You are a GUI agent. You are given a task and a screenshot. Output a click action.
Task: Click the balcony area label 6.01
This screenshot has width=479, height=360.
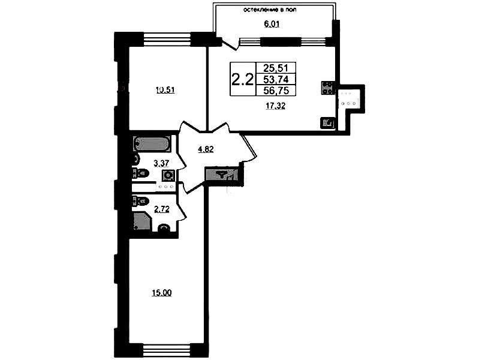coord(272,24)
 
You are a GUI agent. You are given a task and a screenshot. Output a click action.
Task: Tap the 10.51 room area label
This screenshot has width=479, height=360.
coord(165,90)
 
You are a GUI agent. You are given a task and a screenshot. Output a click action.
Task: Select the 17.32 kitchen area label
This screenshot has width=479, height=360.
coord(275,106)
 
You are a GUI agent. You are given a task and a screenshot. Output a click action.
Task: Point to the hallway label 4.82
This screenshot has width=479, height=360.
coord(206,149)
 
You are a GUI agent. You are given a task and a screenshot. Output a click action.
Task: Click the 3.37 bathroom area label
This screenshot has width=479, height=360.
coord(161,164)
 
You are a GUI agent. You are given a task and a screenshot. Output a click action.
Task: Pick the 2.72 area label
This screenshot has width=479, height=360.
coord(162,209)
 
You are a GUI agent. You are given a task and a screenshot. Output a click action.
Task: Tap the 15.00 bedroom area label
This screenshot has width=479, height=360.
coord(162,293)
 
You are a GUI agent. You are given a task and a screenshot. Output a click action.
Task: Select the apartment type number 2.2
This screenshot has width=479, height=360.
coord(243,80)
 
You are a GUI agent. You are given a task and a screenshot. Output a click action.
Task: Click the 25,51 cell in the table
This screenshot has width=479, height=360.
coord(276,68)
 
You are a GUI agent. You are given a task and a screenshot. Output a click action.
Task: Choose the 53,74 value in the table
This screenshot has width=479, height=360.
coord(276,79)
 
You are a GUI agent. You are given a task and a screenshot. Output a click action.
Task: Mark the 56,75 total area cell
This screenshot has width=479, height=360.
coord(276,90)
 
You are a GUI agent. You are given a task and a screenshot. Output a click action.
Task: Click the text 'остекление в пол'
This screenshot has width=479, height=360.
coord(270,10)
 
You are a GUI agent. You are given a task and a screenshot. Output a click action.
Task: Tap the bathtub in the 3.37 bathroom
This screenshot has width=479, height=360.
coord(151,143)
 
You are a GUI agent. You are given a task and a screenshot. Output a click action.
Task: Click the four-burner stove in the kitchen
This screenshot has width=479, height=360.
coord(327,88)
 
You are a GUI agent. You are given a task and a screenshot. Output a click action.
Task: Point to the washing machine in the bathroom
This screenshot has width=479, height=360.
coord(168,176)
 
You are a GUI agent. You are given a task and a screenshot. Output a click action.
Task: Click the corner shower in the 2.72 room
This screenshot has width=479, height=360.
coord(142,221)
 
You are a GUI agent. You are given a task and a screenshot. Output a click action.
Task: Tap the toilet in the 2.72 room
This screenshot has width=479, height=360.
coord(140,201)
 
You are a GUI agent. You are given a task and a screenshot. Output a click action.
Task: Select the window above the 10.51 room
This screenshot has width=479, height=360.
coord(167,40)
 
